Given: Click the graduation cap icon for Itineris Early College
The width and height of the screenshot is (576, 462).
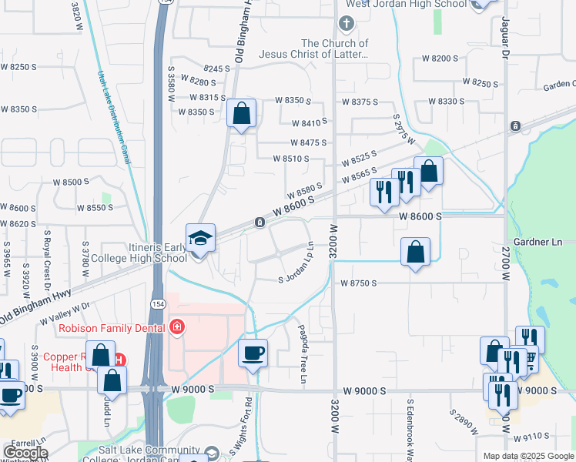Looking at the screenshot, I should coord(199,238).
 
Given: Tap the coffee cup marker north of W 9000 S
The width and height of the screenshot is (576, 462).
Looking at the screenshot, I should coord(253,353).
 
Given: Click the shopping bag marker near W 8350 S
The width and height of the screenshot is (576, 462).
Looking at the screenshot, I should coord(242,114).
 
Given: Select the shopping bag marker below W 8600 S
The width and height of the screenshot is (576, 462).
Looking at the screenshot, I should coord(416,252).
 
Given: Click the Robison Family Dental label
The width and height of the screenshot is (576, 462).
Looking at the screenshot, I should coord(112,327).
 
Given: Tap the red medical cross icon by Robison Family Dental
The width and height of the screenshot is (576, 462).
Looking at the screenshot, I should coord(178,327).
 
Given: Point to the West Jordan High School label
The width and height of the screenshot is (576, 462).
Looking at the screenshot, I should coord(406,4).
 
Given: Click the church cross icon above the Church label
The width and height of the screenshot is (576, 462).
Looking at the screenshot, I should coord(346,24).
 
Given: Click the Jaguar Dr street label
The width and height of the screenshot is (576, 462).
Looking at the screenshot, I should coord(506,36).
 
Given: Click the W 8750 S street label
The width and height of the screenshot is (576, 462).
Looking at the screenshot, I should coord(359,283).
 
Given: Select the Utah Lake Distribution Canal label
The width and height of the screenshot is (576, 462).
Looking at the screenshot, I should coord(112,116).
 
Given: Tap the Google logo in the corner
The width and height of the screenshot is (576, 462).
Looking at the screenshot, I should coord(25,452).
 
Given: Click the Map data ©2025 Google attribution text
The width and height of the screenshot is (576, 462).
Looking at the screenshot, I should coord(528,456).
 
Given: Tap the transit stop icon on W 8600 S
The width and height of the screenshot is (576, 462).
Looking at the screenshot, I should coord(260,223).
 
